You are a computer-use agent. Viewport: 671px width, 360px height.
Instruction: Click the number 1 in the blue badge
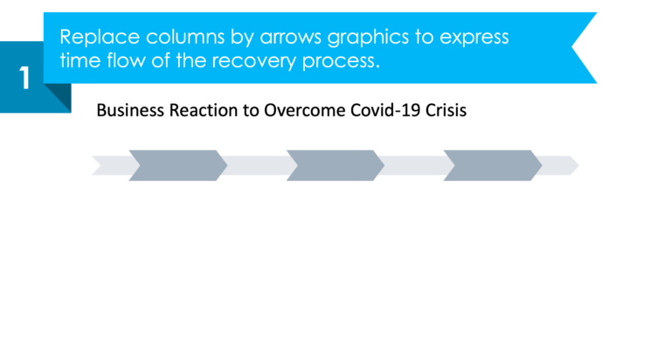(24, 78)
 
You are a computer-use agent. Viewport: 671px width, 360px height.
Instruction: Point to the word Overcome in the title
(294, 112)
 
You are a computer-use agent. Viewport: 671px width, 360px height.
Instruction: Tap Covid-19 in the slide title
(370, 112)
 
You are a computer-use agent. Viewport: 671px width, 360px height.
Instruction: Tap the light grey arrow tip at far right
(564, 165)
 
